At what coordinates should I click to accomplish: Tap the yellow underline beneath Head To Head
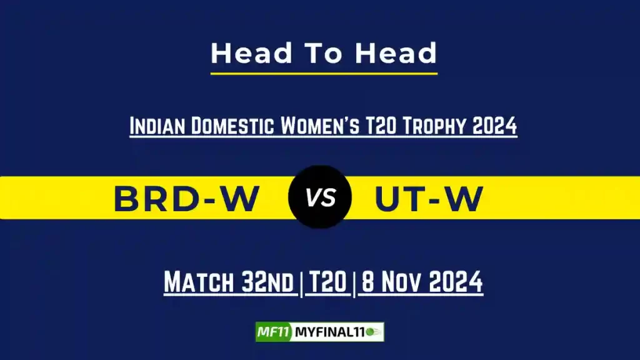pyautogui.click(x=324, y=73)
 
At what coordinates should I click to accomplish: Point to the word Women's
pyautogui.click(x=317, y=126)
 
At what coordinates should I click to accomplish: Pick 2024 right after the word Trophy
pyautogui.click(x=495, y=126)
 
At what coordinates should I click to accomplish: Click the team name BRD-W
pyautogui.click(x=186, y=199)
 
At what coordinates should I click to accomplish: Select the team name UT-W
pyautogui.click(x=429, y=199)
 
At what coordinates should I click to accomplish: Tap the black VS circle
pyautogui.click(x=321, y=198)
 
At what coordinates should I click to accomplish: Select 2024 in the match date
pyautogui.click(x=456, y=282)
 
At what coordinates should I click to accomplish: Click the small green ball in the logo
pyautogui.click(x=376, y=332)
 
